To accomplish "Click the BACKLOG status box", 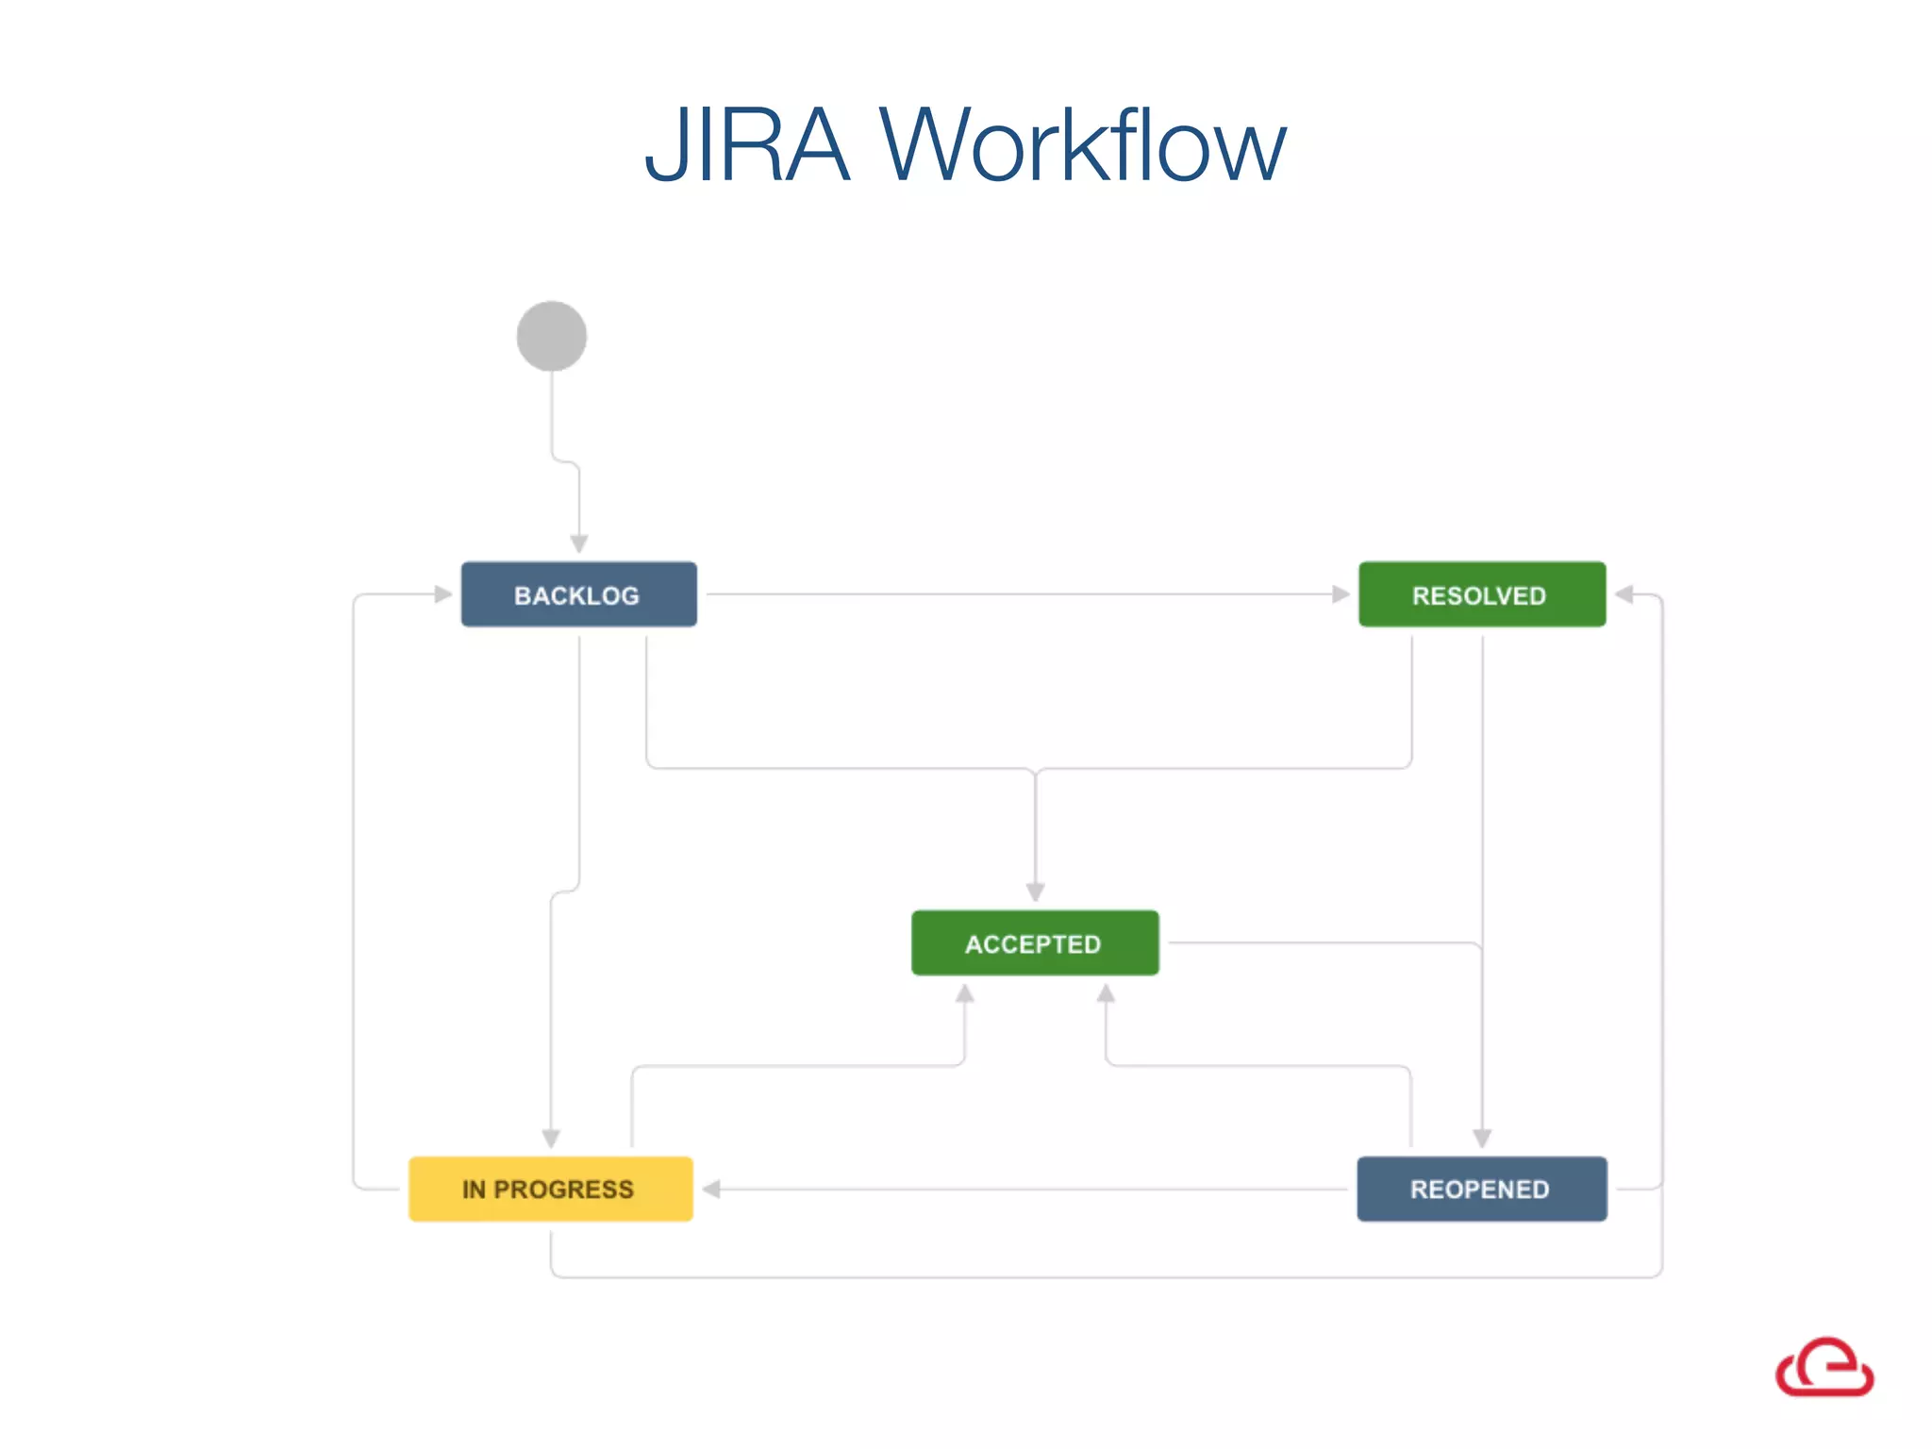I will click(x=578, y=594).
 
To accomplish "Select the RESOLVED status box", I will click(x=1481, y=594).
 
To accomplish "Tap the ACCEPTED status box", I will click(x=1035, y=942).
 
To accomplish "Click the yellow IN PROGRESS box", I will click(x=550, y=1189).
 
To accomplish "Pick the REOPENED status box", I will click(x=1481, y=1189).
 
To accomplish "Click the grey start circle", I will click(x=552, y=336).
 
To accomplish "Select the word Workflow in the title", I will click(x=1082, y=146).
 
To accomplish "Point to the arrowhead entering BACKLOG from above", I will click(x=579, y=544).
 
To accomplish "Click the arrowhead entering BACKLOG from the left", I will click(x=443, y=594).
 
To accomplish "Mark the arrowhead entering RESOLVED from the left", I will click(x=1341, y=594).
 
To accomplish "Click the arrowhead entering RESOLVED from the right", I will click(x=1624, y=594).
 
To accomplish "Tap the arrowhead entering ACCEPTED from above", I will click(x=1035, y=892).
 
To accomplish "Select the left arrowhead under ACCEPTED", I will click(x=964, y=993).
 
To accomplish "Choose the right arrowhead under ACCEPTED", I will click(x=1106, y=993).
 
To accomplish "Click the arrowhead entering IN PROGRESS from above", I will click(x=551, y=1139).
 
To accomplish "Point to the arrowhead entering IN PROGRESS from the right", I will click(x=712, y=1189).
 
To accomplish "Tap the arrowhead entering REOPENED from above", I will click(x=1482, y=1139).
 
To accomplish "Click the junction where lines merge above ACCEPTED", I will click(x=1035, y=770).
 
